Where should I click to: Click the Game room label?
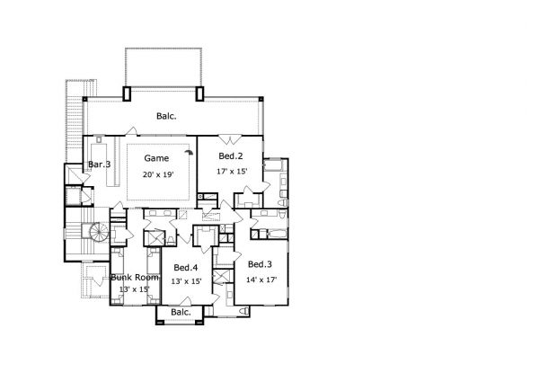click(x=156, y=158)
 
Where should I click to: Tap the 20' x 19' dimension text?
click(x=158, y=174)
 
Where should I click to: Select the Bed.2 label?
click(x=231, y=156)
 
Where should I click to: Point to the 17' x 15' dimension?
click(x=232, y=172)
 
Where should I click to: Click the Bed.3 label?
click(x=260, y=264)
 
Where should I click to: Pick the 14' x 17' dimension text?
click(x=261, y=280)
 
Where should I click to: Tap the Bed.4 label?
click(x=186, y=268)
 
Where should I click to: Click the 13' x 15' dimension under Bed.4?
click(x=187, y=281)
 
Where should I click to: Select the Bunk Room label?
click(x=135, y=278)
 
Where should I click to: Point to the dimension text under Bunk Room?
click(x=134, y=289)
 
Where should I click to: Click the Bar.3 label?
click(x=100, y=164)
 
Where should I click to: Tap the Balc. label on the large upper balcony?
click(x=166, y=116)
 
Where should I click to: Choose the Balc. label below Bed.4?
click(x=181, y=312)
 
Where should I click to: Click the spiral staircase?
click(x=99, y=233)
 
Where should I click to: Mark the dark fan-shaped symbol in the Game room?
click(x=190, y=153)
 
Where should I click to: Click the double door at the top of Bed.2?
click(x=230, y=139)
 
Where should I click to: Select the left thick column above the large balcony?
click(x=127, y=93)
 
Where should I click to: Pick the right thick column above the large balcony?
click(x=200, y=93)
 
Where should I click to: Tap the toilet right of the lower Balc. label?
click(x=243, y=312)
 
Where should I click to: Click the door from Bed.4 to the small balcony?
click(x=185, y=301)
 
